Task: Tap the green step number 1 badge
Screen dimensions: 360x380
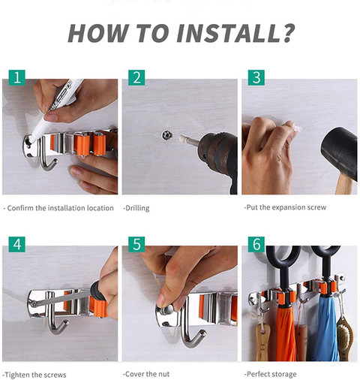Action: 17,77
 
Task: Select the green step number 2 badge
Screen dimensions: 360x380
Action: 136,77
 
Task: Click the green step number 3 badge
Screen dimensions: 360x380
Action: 256,77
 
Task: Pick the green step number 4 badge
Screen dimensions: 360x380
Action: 17,244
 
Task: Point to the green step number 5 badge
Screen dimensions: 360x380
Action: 136,244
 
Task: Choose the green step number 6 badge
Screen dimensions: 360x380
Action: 256,244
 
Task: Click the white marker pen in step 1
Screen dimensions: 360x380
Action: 55,110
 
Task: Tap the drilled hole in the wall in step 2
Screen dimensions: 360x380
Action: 167,135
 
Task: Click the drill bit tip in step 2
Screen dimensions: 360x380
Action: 181,137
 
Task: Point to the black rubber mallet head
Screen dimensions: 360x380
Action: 340,152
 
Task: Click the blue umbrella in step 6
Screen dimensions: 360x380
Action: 326,328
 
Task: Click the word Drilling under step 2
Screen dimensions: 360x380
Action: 136,208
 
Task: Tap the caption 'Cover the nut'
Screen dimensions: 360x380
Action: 146,374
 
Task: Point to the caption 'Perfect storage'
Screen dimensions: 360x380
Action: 271,375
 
